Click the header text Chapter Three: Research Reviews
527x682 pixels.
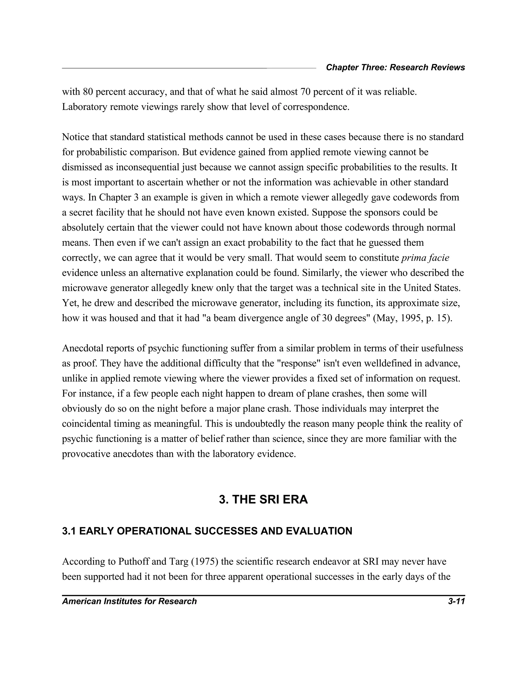(x=395, y=67)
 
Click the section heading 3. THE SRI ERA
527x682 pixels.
(x=263, y=500)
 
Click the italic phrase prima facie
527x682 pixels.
(x=425, y=258)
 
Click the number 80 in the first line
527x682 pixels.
(x=87, y=92)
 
